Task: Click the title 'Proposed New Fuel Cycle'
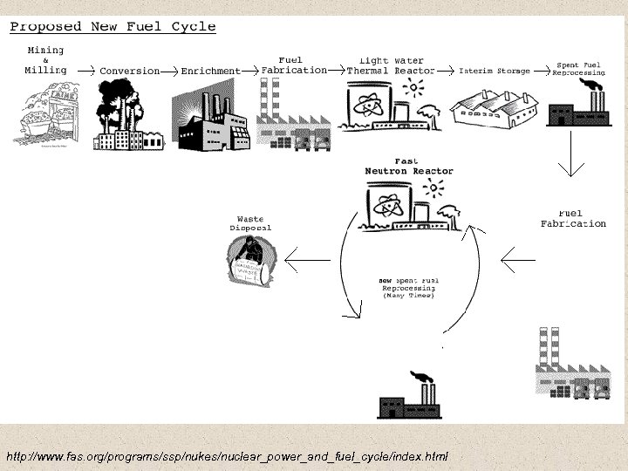pos(113,26)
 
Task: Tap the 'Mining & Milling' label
pos(46,59)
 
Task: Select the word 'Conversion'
pos(130,71)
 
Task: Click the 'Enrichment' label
pos(210,71)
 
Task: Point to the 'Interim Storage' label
pos(495,71)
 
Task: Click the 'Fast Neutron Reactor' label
pos(409,166)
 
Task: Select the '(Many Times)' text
pos(408,296)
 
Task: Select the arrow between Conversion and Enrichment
pos(170,70)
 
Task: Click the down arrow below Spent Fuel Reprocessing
pos(571,161)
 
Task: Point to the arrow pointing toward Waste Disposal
pos(306,258)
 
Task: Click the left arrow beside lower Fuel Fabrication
pos(519,258)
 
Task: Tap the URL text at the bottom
pos(227,455)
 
